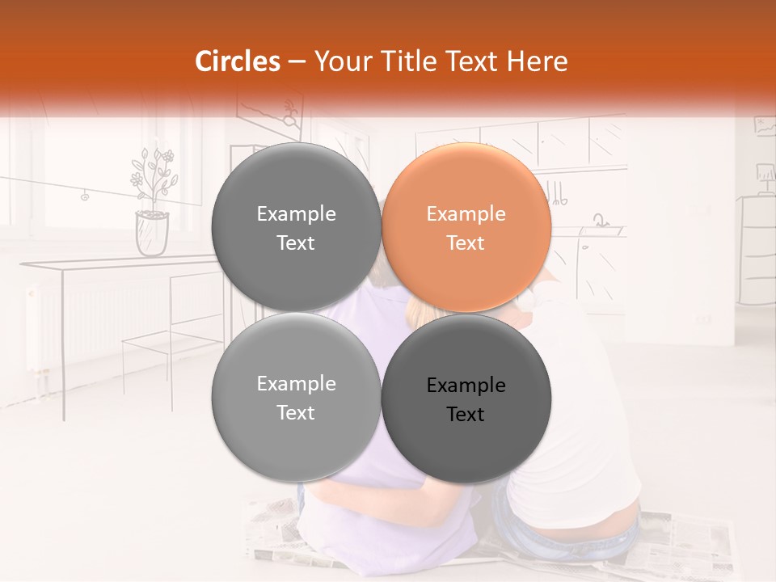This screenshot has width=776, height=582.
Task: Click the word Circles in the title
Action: (x=238, y=61)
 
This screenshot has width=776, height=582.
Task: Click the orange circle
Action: (x=466, y=227)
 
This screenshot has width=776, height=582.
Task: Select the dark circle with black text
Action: (x=466, y=399)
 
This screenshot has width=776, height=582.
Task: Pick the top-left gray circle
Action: (x=296, y=227)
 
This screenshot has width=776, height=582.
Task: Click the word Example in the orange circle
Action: (x=466, y=214)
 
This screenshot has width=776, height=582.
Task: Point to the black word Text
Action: (x=466, y=415)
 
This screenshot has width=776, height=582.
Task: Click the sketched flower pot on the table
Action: (x=152, y=232)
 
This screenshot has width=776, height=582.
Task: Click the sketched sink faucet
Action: (x=600, y=220)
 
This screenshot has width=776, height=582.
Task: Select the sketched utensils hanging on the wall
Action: (x=557, y=192)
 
